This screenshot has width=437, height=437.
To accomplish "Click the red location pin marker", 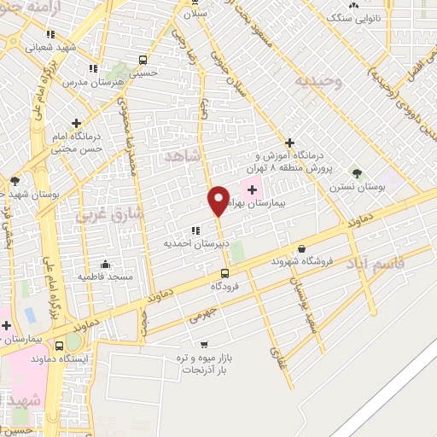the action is click(218, 200).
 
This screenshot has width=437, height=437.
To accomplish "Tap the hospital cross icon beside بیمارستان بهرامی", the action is click(252, 189).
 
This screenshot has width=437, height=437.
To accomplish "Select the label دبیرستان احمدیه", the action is click(188, 242).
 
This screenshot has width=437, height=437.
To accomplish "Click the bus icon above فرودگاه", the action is click(224, 273).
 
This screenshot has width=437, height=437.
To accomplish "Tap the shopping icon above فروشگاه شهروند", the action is click(301, 248).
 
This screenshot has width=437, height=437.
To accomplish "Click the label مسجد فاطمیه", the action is click(102, 277).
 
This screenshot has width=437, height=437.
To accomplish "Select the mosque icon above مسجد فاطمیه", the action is click(105, 264).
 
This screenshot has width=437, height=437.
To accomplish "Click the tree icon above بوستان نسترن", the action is click(358, 173).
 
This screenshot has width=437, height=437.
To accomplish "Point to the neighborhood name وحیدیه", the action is click(319, 82).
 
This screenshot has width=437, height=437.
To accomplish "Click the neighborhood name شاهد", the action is click(182, 156).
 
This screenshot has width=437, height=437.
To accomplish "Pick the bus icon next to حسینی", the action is click(143, 61).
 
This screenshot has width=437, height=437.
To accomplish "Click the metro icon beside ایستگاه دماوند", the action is click(59, 347).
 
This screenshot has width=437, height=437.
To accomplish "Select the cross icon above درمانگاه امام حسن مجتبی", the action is click(78, 124).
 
